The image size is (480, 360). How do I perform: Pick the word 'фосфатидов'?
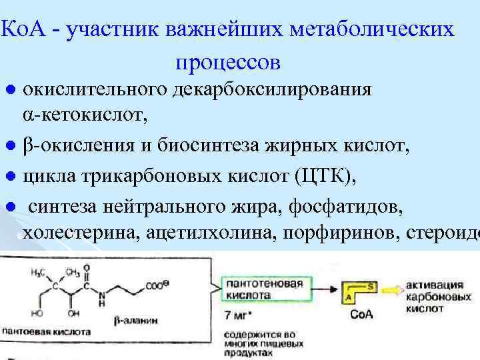[345, 206]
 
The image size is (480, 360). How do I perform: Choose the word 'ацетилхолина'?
[214, 233]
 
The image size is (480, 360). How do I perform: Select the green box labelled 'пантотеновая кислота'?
[264, 288]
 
